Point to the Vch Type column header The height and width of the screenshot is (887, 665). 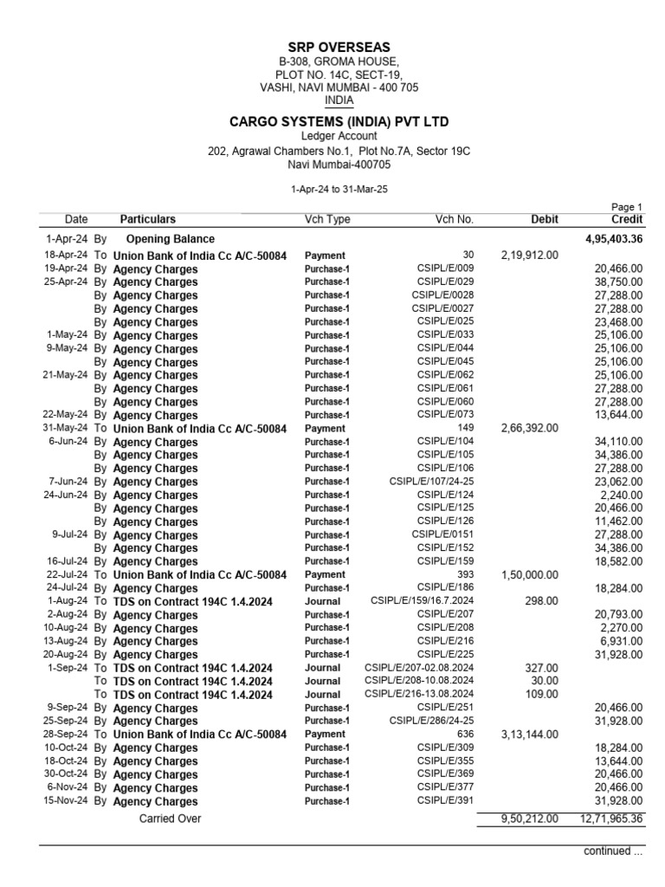pyautogui.click(x=327, y=219)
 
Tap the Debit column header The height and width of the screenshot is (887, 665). pyautogui.click(x=544, y=219)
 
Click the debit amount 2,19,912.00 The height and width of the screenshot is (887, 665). pyautogui.click(x=530, y=256)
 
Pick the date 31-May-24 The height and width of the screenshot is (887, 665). pyautogui.click(x=66, y=428)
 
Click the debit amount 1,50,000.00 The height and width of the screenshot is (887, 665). pyautogui.click(x=530, y=574)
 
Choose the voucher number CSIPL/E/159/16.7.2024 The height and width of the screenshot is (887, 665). pyautogui.click(x=422, y=601)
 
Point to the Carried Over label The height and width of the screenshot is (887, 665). pyautogui.click(x=170, y=818)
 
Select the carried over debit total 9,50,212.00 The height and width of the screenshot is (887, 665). pyautogui.click(x=530, y=819)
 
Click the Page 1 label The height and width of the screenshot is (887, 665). pyautogui.click(x=627, y=207)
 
